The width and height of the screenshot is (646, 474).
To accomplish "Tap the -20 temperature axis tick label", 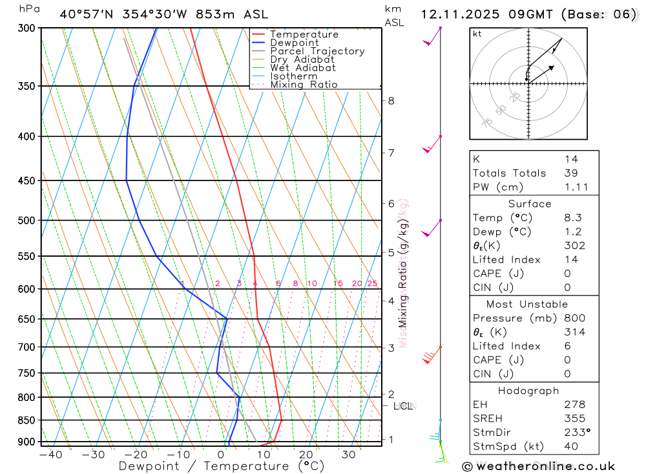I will [x=136, y=455].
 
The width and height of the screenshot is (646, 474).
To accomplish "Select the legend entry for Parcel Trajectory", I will [x=317, y=51].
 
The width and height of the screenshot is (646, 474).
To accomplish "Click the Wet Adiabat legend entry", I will [x=303, y=68].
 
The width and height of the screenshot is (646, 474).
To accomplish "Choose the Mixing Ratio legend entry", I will [x=304, y=85].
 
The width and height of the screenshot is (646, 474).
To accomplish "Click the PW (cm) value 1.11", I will [x=572, y=188].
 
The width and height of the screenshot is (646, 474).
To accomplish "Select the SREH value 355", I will [x=572, y=418].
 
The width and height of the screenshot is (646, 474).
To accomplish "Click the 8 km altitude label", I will [x=391, y=101].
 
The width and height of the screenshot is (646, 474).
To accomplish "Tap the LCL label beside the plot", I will [x=403, y=407].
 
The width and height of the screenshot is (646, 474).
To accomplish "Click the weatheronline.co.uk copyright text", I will [x=538, y=466].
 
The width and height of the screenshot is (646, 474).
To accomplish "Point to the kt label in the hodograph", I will [x=477, y=34].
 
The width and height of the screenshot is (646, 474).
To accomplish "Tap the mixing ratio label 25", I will [x=372, y=284].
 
